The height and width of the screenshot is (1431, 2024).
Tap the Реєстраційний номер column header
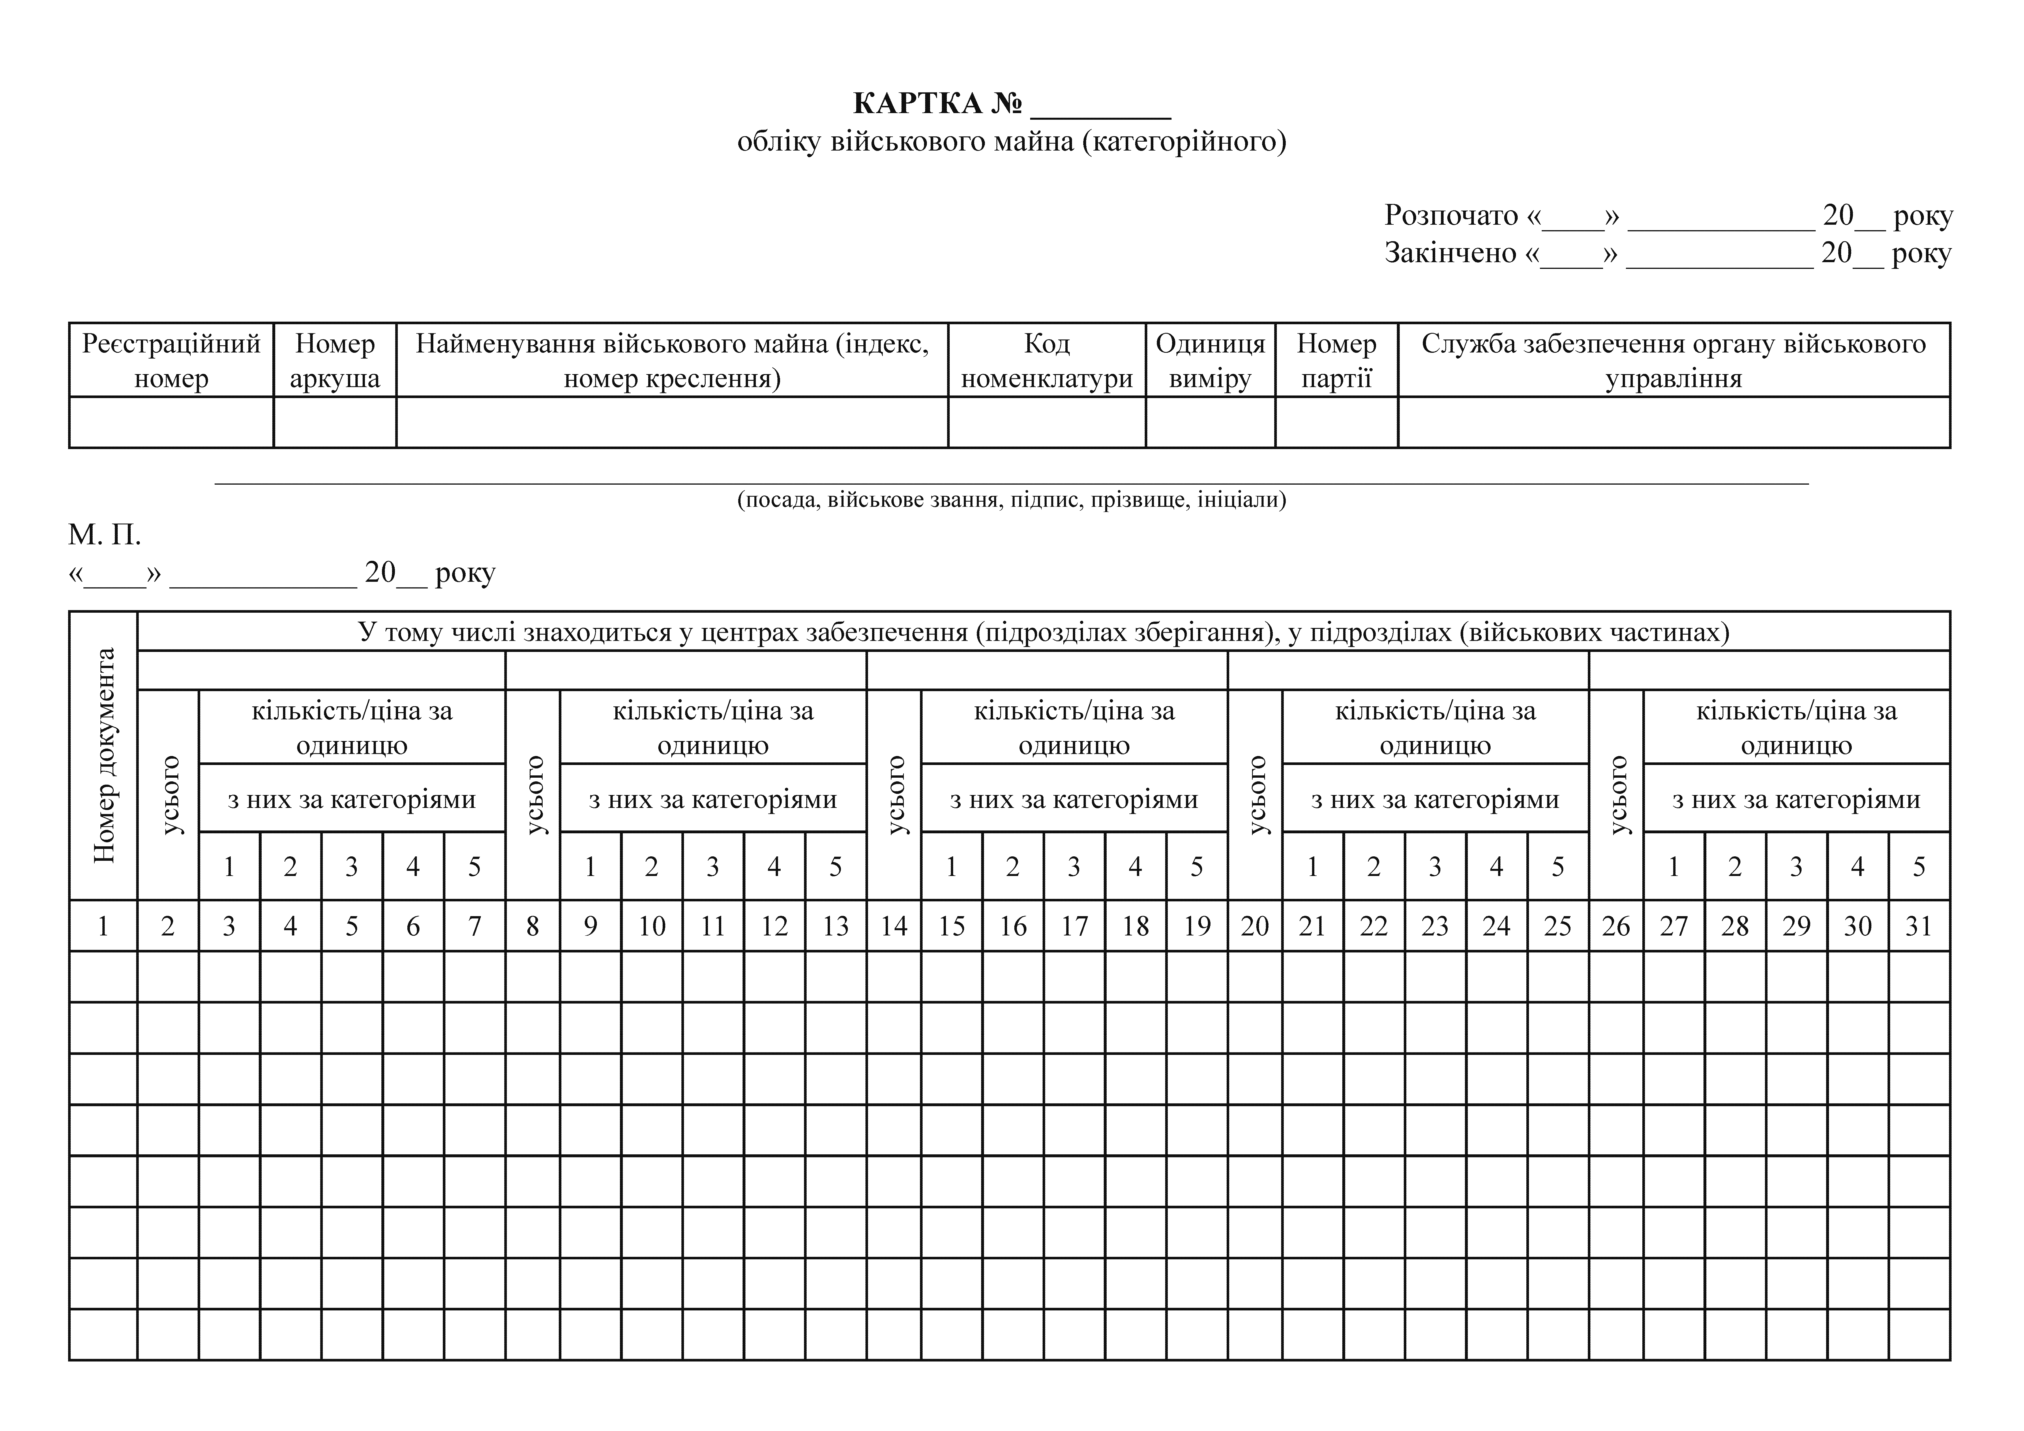pos(171,361)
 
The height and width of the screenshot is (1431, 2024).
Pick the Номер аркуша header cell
pos(335,361)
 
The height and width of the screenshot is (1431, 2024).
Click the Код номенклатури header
pos(1046,361)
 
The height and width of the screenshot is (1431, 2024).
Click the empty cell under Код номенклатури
pos(1046,422)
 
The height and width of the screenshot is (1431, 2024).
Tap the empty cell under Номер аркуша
pos(335,422)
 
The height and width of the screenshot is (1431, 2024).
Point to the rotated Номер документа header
pos(104,756)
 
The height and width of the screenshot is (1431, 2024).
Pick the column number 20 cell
pos(1254,926)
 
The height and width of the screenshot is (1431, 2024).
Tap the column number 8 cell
pos(533,926)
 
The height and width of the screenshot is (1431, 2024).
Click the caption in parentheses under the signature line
pos(1011,500)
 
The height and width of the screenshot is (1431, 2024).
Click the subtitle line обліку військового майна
pos(1011,141)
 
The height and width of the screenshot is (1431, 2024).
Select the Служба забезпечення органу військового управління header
pos(1673,361)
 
